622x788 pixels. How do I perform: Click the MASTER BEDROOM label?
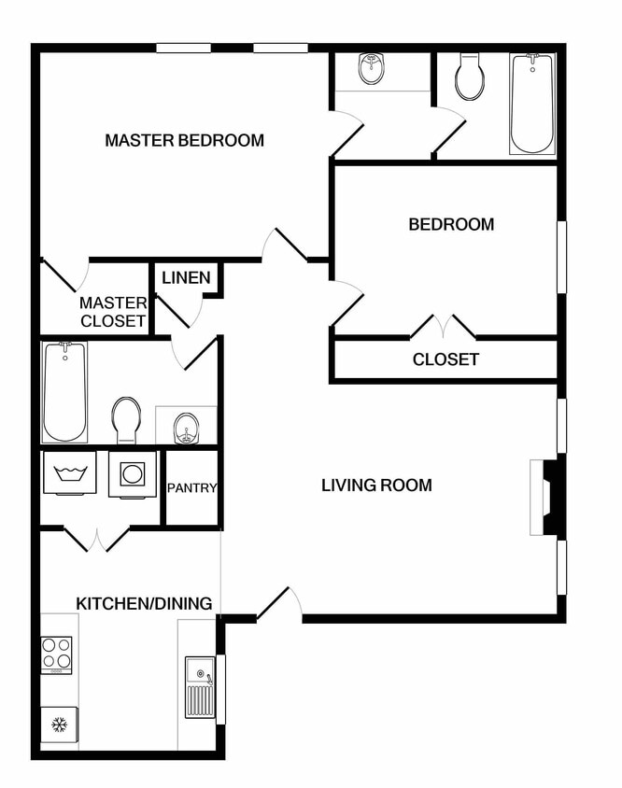[184, 141]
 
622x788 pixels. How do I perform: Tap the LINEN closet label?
[187, 278]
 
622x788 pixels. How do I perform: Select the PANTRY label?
[191, 487]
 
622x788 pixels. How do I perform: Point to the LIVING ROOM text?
[376, 485]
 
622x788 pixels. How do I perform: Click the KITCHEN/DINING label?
[144, 603]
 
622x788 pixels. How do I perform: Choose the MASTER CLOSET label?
[113, 312]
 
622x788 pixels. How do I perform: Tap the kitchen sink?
[200, 686]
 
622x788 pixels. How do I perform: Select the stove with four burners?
[58, 654]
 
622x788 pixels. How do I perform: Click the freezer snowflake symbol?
[59, 725]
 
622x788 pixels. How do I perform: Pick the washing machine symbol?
[70, 474]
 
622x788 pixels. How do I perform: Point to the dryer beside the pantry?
[132, 475]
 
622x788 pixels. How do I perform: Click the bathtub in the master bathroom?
[64, 391]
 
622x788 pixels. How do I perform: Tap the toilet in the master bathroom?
[126, 419]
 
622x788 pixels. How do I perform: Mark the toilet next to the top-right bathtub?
[471, 77]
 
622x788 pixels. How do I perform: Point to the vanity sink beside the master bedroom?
[372, 68]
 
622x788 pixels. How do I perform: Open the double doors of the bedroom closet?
[444, 328]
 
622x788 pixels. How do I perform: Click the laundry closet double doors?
[96, 539]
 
